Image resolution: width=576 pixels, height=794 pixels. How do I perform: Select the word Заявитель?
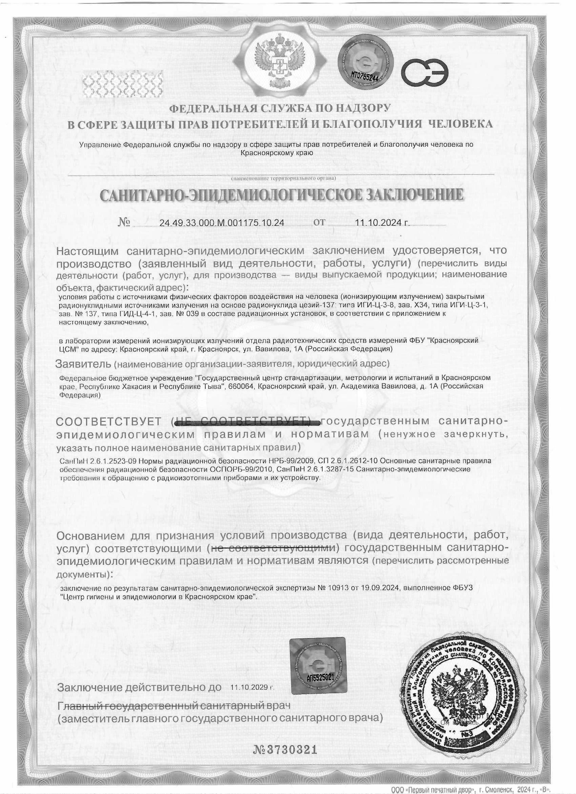[x=83, y=364]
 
